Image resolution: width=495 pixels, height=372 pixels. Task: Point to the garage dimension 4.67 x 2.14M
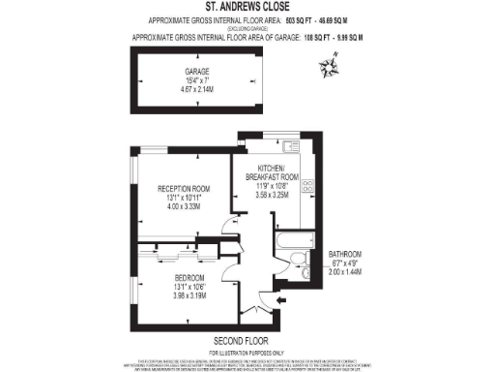(x=197, y=89)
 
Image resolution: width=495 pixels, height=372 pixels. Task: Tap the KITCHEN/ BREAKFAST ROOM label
(x=269, y=170)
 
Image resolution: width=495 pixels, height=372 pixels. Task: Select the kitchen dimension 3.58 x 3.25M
(x=269, y=194)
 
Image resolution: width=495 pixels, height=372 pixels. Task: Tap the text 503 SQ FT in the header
(x=285, y=20)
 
